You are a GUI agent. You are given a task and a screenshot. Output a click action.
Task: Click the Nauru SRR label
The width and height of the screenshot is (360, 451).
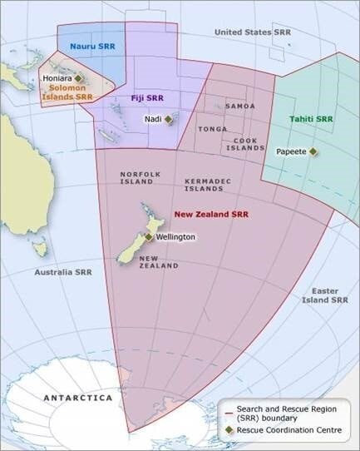click(92, 47)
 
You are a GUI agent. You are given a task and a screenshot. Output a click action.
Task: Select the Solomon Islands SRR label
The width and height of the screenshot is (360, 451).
click(70, 92)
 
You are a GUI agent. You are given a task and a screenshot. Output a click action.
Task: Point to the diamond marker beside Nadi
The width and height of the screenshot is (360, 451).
click(168, 119)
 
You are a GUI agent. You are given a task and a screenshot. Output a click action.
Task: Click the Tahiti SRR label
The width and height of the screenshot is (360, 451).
click(311, 119)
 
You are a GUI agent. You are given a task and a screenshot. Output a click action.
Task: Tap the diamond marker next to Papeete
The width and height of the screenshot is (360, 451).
click(313, 151)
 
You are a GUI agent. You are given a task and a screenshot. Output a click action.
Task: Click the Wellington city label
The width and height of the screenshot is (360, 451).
click(175, 237)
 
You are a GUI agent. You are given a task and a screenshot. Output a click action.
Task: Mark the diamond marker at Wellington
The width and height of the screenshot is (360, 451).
click(149, 237)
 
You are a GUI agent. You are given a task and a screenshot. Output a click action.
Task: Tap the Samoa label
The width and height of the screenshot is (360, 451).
click(240, 107)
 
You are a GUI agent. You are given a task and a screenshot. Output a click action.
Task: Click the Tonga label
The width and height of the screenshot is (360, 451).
click(212, 130)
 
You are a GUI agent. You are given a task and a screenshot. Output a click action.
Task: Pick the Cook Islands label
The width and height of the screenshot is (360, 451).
click(245, 144)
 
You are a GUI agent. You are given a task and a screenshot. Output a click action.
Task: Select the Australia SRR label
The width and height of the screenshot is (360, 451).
click(63, 272)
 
